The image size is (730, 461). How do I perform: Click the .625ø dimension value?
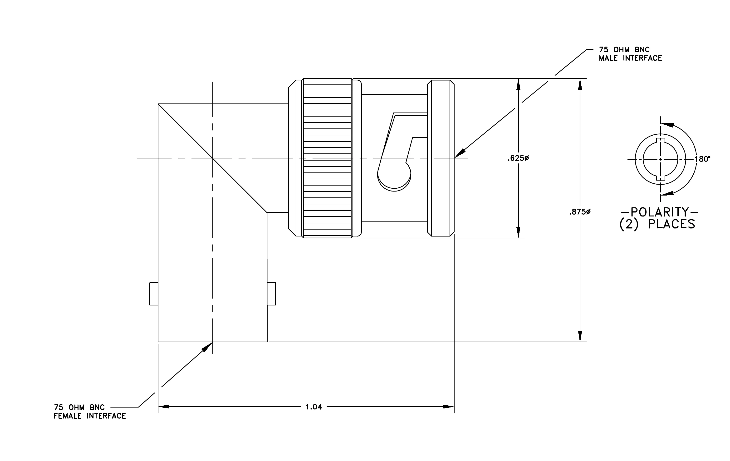pyautogui.click(x=518, y=158)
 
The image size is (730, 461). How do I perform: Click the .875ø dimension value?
pyautogui.click(x=580, y=212)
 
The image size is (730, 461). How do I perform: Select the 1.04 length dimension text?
pyautogui.click(x=314, y=407)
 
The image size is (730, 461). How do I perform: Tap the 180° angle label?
pyautogui.click(x=702, y=159)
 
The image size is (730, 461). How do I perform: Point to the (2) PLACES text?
pyautogui.click(x=657, y=225)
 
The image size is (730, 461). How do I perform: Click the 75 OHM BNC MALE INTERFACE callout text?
pyautogui.click(x=631, y=54)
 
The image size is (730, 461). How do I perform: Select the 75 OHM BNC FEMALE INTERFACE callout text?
pyautogui.click(x=90, y=412)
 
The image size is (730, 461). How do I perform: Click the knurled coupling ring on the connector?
pyautogui.click(x=327, y=158)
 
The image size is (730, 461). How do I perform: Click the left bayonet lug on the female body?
pyautogui.click(x=154, y=294)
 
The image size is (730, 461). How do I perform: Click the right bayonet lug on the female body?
pyautogui.click(x=271, y=294)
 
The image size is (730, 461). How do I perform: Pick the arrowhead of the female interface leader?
pyautogui.click(x=208, y=346)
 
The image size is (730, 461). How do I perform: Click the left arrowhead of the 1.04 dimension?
pyautogui.click(x=164, y=407)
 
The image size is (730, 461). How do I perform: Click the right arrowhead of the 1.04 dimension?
pyautogui.click(x=449, y=407)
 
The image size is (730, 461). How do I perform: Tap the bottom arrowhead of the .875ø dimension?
pyautogui.click(x=580, y=336)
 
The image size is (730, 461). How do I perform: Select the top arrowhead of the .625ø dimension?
pyautogui.click(x=518, y=84)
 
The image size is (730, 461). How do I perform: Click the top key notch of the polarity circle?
pyautogui.click(x=661, y=140)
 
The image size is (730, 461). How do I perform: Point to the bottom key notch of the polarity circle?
pyautogui.click(x=661, y=178)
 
